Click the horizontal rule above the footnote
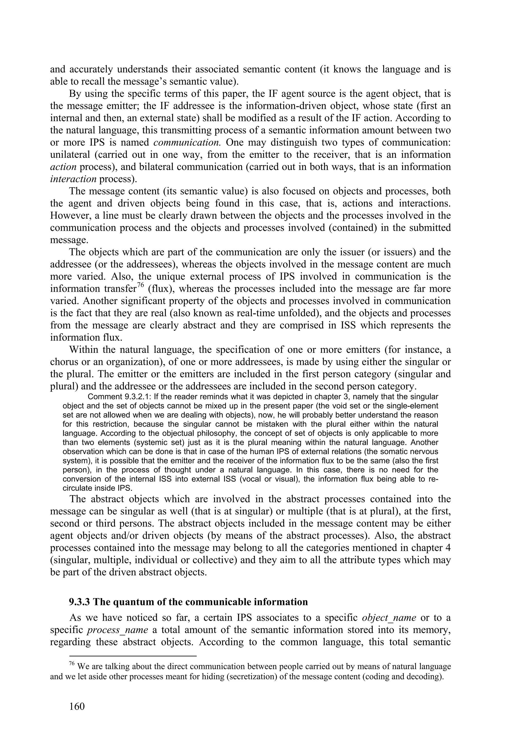click(x=124, y=656)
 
